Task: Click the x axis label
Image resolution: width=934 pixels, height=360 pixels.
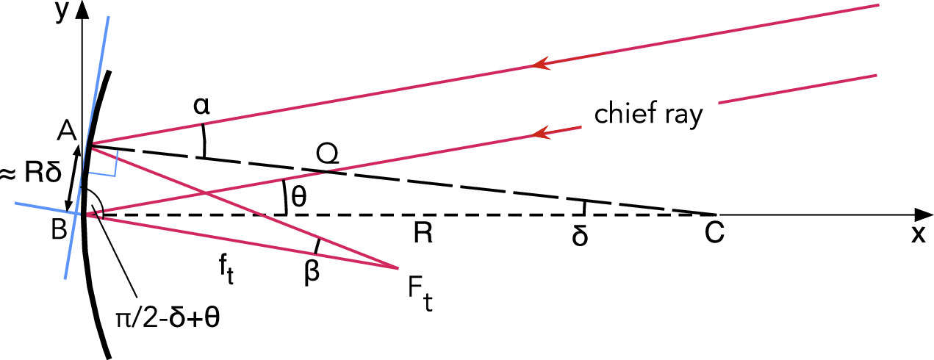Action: point(916,235)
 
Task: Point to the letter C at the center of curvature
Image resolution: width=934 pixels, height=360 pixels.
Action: point(714,234)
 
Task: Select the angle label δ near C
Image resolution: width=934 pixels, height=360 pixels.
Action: point(581,239)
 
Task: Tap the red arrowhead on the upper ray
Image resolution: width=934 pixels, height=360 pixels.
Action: point(540,65)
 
